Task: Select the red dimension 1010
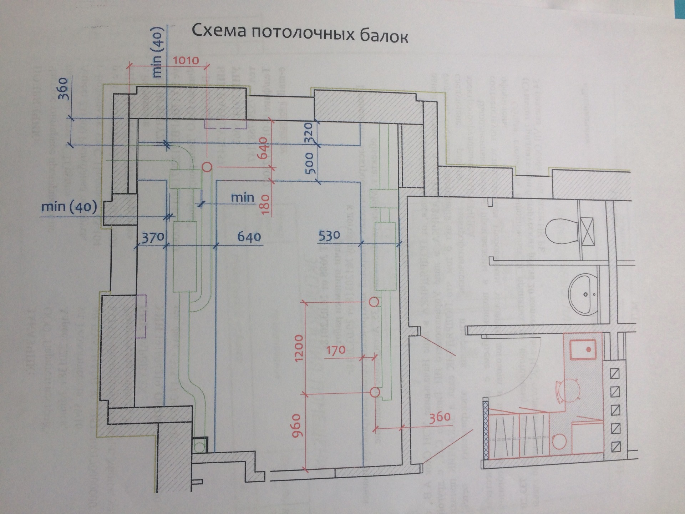(186, 60)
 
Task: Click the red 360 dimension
(440, 417)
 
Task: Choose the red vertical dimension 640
(263, 148)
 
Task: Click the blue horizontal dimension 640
(249, 237)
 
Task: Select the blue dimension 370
(153, 237)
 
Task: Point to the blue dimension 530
(329, 236)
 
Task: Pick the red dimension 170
(336, 351)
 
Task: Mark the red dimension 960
(297, 425)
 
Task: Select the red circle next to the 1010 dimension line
(207, 166)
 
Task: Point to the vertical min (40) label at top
(157, 53)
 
